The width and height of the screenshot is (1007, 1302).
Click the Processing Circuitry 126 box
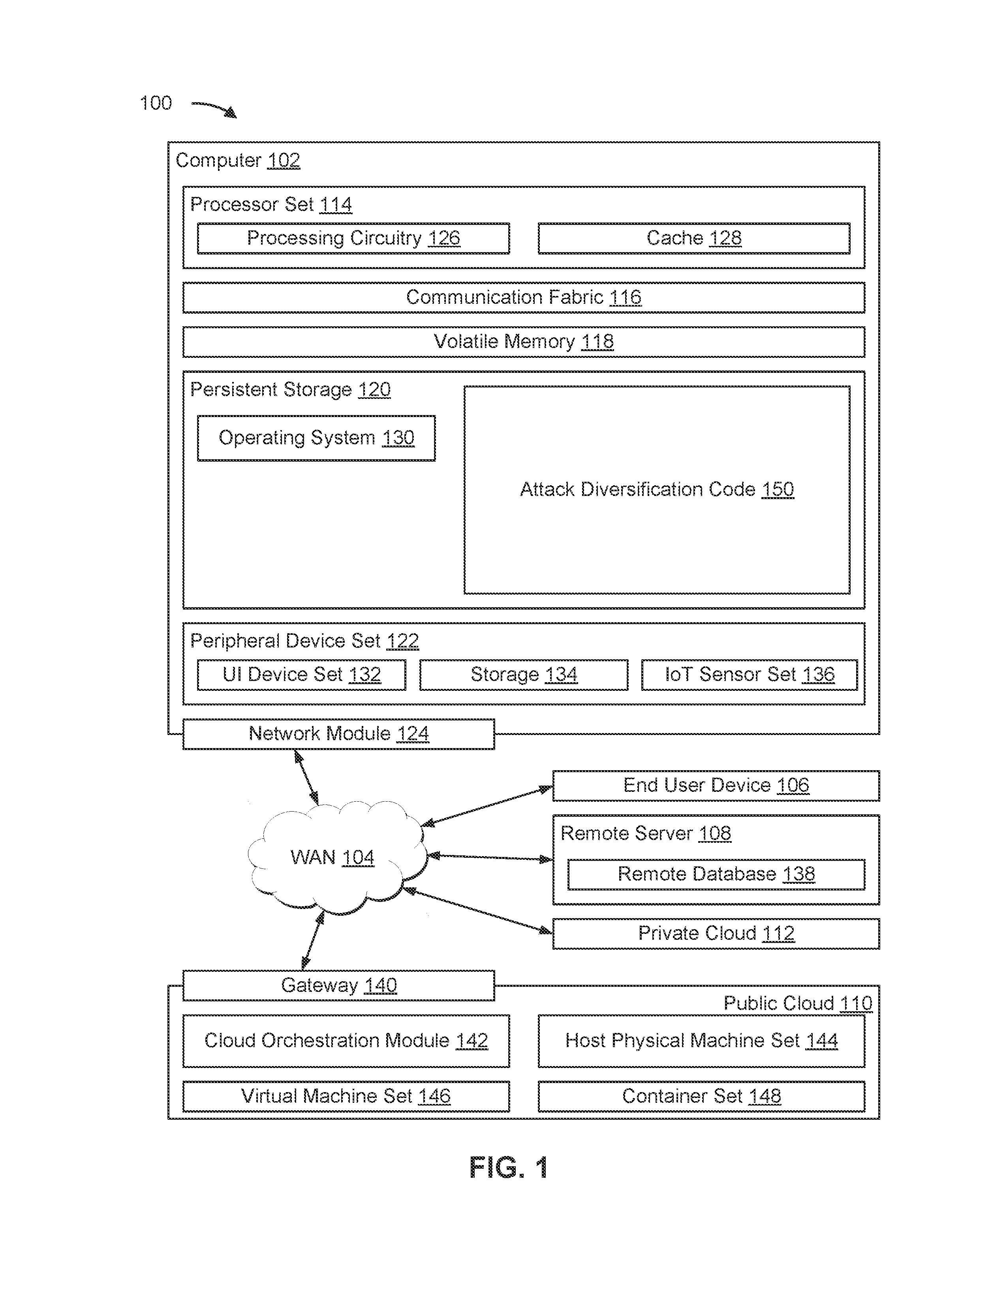(x=353, y=238)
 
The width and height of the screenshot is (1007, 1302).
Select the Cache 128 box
(x=694, y=238)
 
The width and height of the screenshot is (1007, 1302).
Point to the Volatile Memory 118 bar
(x=523, y=342)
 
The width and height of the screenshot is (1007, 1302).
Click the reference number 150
(x=777, y=490)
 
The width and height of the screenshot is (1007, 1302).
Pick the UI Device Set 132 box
(x=301, y=675)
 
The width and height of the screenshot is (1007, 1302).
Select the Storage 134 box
(x=524, y=675)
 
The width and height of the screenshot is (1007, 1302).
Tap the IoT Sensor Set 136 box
(x=749, y=675)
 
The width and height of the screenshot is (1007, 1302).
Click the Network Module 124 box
(x=338, y=734)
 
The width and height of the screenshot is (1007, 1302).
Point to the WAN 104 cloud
(x=337, y=857)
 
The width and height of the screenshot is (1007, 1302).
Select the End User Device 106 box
(x=716, y=786)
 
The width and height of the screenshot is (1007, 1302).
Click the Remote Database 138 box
(x=716, y=875)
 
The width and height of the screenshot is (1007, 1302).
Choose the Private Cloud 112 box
(x=716, y=933)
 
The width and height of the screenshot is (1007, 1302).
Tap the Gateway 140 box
(x=338, y=986)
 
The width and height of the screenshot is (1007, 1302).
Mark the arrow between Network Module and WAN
(x=306, y=777)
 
